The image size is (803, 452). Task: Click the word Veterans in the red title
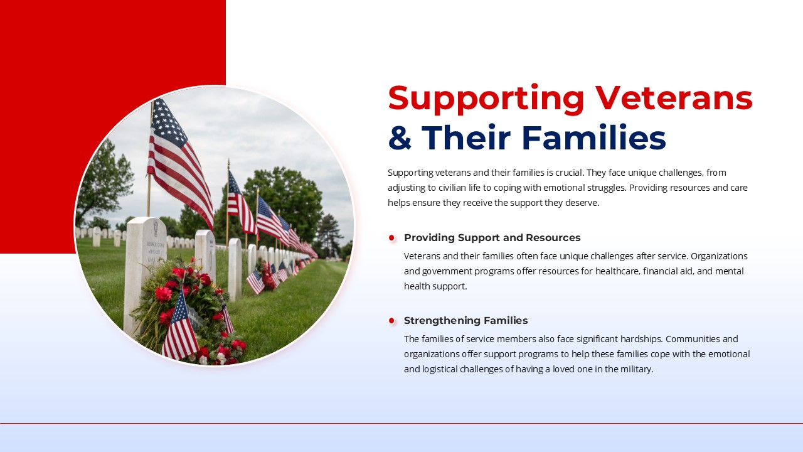[674, 98]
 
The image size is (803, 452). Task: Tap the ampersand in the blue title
[400, 137]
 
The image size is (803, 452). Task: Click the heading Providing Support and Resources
[492, 237]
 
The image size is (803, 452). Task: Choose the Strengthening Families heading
[465, 320]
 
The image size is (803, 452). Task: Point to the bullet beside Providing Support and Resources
[391, 238]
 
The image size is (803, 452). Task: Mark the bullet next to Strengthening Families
[391, 321]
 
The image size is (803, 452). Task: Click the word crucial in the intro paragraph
[570, 173]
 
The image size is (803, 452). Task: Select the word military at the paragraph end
[638, 369]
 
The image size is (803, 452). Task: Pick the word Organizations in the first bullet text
[719, 256]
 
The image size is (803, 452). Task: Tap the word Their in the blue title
[466, 137]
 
